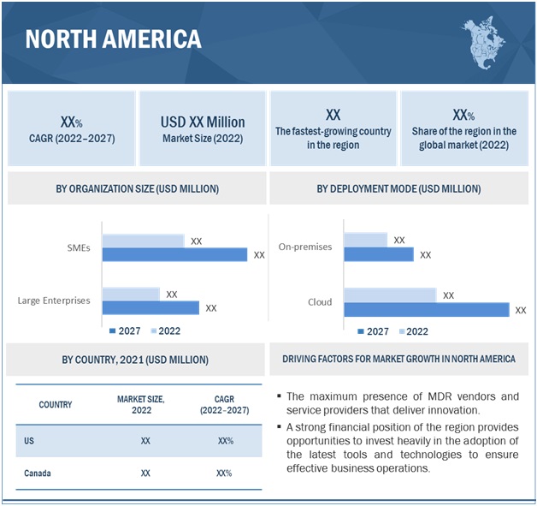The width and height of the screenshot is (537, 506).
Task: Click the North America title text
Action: pyautogui.click(x=113, y=39)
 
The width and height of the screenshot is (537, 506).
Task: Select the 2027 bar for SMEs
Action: pyautogui.click(x=174, y=254)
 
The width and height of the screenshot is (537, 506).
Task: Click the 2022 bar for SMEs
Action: pyautogui.click(x=143, y=241)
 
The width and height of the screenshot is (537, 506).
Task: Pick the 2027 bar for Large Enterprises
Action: pyautogui.click(x=150, y=307)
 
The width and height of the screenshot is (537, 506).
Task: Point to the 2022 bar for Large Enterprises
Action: pyautogui.click(x=131, y=294)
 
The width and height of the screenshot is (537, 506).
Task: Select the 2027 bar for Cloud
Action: pyautogui.click(x=426, y=309)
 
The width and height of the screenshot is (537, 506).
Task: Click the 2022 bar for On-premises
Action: pyautogui.click(x=365, y=240)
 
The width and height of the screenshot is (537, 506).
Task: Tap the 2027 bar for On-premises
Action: pyautogui.click(x=378, y=254)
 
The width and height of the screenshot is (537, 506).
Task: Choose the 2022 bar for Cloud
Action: pyautogui.click(x=389, y=295)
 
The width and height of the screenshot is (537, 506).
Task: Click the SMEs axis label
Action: pyautogui.click(x=78, y=247)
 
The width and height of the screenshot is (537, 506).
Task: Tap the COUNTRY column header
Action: pyautogui.click(x=55, y=404)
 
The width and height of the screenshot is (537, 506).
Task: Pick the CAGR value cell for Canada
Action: pyautogui.click(x=225, y=473)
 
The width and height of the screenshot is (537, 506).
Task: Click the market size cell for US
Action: pyautogui.click(x=145, y=441)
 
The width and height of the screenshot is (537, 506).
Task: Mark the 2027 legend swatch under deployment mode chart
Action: pyautogui.click(x=361, y=331)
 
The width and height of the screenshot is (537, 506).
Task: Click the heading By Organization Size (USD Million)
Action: pyautogui.click(x=137, y=188)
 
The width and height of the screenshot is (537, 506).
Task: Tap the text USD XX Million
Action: pyautogui.click(x=203, y=122)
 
